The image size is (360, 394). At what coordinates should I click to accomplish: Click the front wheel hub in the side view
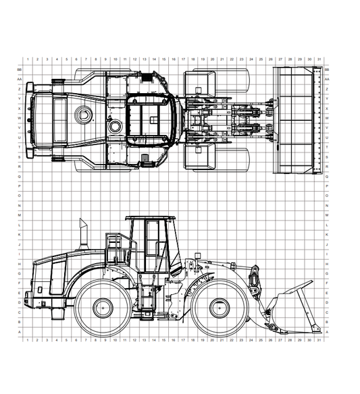(219, 308)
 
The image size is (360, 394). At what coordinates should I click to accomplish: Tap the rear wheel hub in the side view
(102, 308)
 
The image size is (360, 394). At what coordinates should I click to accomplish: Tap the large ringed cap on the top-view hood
(85, 112)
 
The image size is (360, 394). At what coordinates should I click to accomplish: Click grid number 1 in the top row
(27, 59)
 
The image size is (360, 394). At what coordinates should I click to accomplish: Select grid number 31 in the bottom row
(319, 341)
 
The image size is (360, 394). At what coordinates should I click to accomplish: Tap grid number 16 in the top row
(173, 59)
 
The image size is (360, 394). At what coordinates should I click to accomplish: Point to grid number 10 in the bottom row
(115, 341)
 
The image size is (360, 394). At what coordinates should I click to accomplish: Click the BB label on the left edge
(19, 69)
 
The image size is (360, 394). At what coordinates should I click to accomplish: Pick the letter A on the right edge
(327, 332)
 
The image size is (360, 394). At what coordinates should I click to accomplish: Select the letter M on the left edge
(19, 215)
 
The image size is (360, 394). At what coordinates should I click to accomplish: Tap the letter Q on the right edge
(327, 176)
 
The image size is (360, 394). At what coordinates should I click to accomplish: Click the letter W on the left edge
(19, 118)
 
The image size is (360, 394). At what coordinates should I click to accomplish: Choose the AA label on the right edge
(327, 79)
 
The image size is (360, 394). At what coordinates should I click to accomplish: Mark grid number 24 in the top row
(251, 59)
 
